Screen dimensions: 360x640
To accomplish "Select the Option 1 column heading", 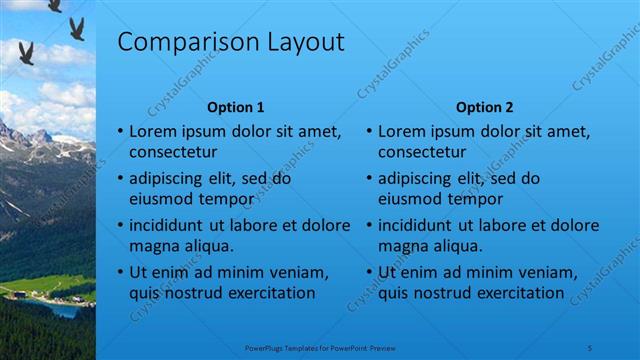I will [235, 107].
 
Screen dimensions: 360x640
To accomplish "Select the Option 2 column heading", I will [484, 107].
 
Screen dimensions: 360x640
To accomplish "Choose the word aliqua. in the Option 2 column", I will [456, 246].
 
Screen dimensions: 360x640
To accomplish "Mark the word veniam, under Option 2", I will [547, 272].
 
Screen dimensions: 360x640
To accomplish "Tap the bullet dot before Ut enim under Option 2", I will [369, 273].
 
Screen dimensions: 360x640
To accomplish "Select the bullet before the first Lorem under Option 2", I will [369, 132].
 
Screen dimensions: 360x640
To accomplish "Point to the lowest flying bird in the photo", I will [26, 53].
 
